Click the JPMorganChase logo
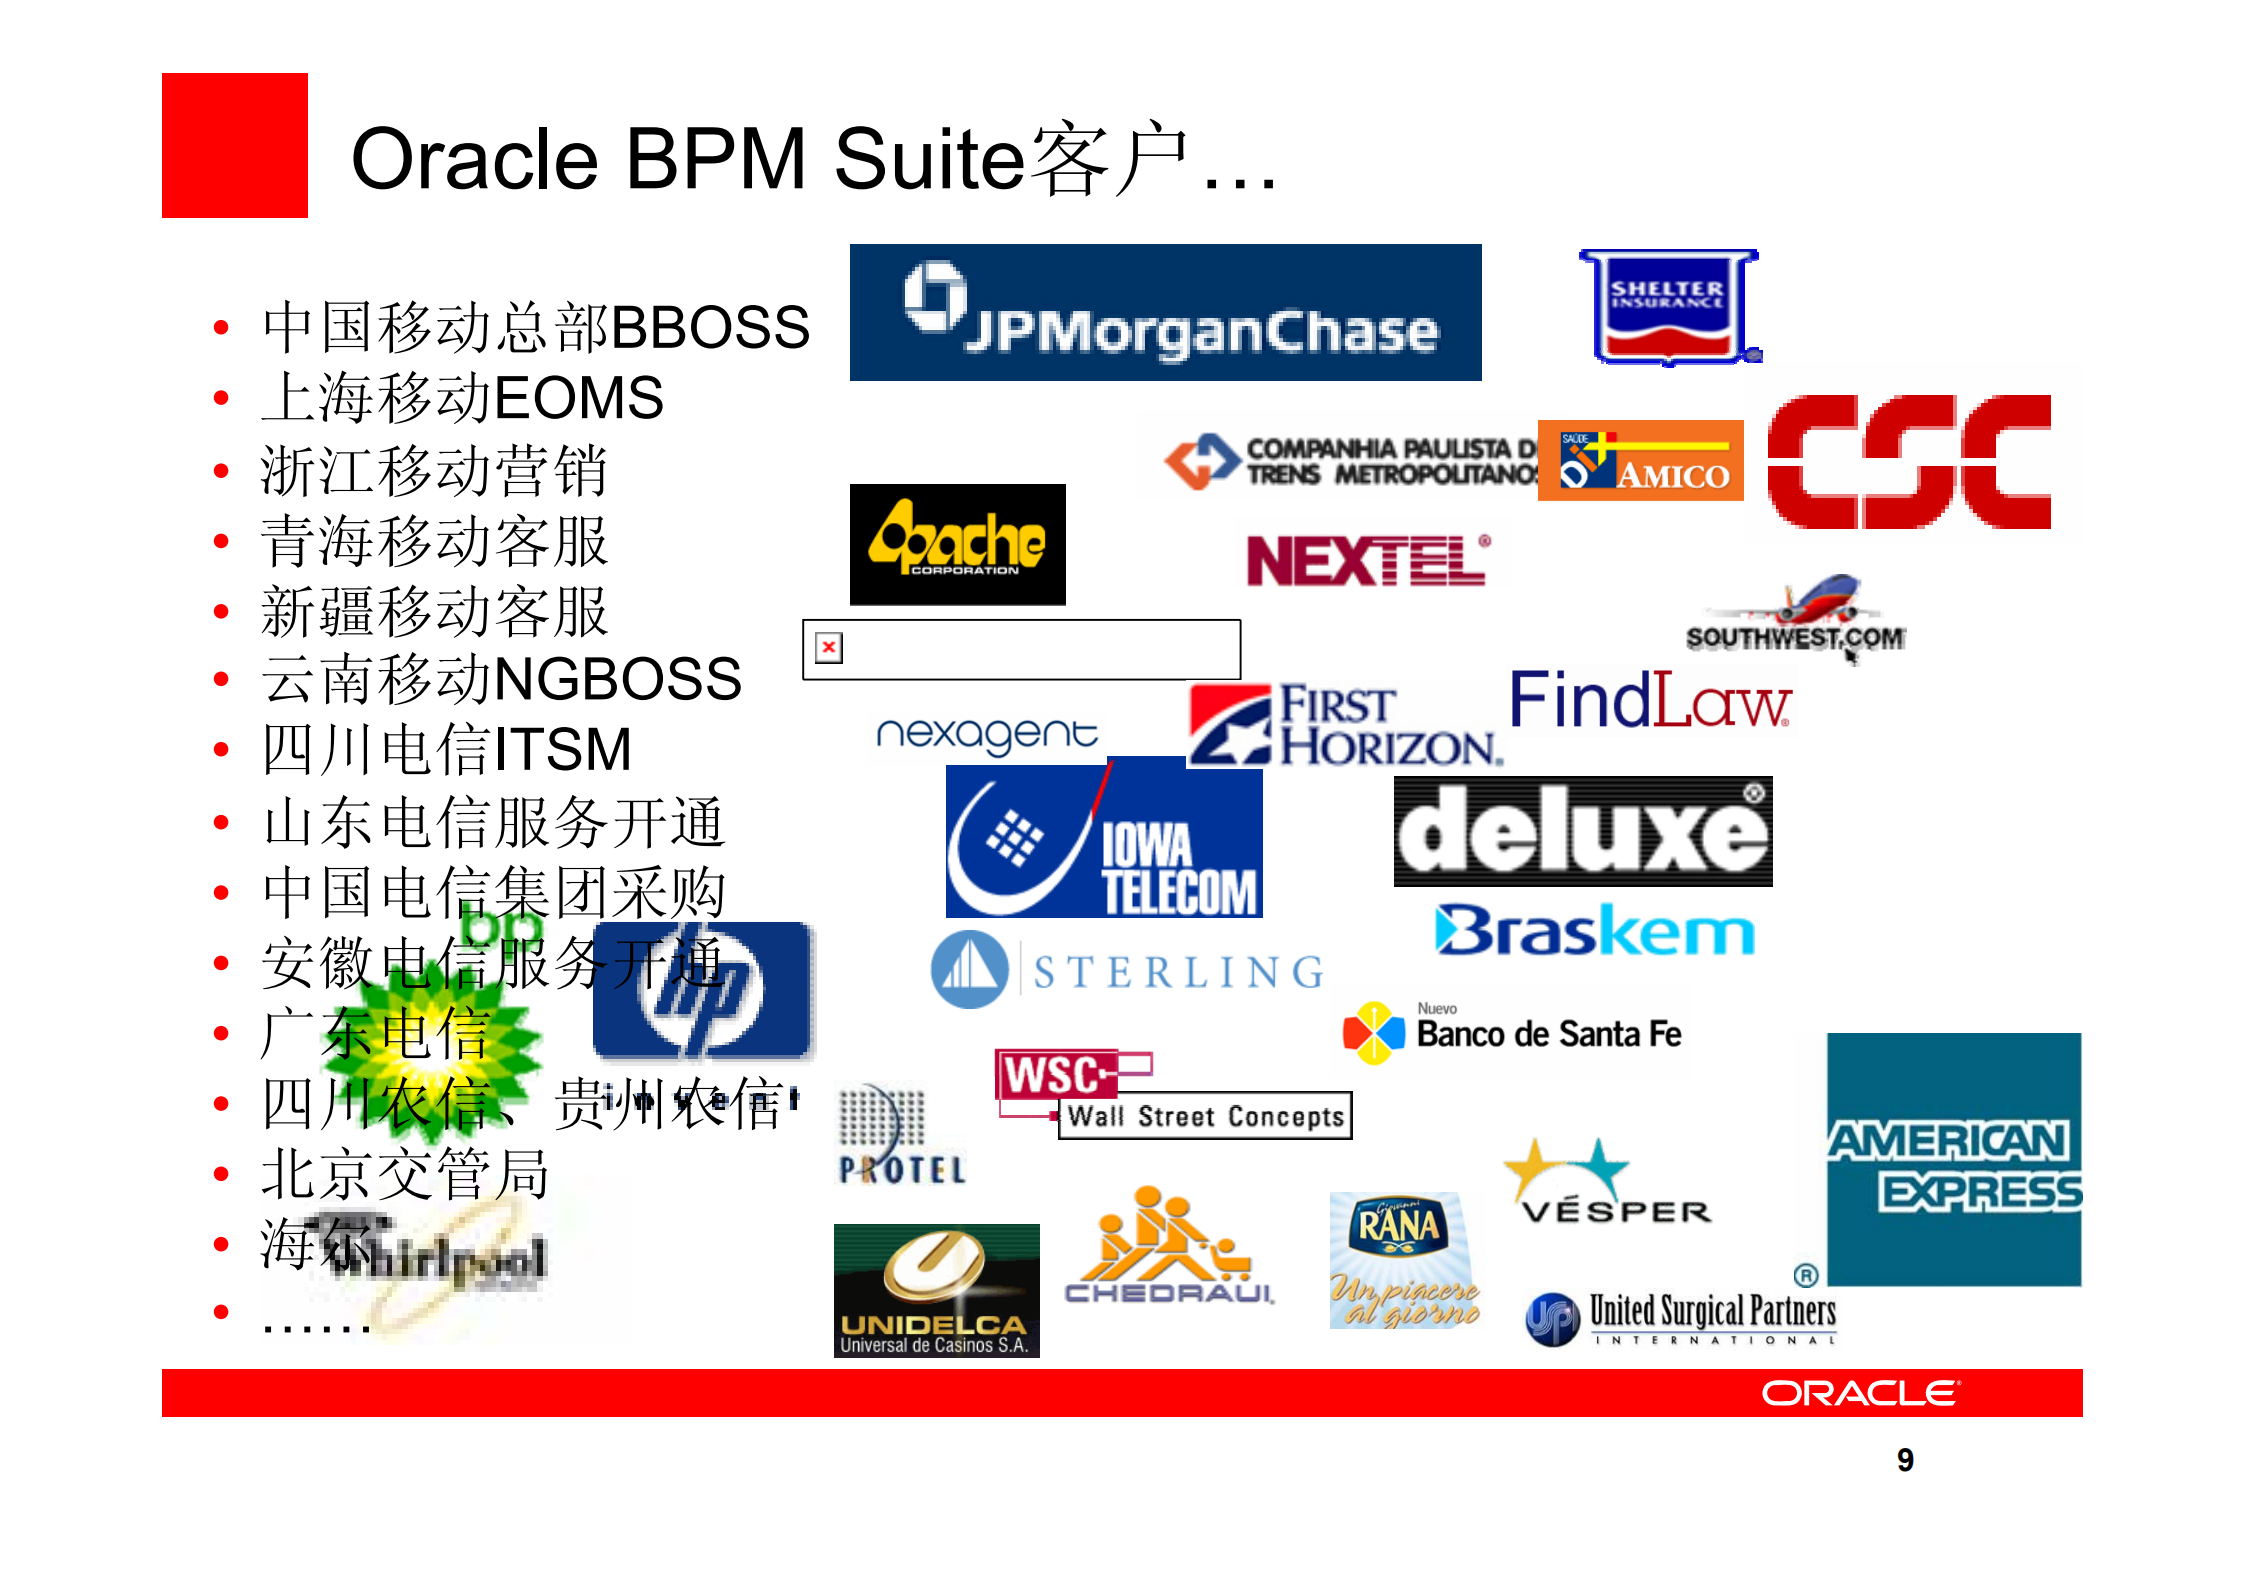1165,312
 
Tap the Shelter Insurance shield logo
1668,307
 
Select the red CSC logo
1909,461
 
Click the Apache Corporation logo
957,544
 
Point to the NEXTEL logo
1367,560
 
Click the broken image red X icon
829,647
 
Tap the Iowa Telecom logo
1104,841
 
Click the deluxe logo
1582,831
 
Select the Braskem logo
1594,931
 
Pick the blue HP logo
702,990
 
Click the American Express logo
1953,1159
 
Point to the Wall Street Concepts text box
1205,1116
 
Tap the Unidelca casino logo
936,1290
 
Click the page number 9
1905,1460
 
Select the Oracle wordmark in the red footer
1860,1393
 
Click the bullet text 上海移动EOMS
462,398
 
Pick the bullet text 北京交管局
405,1174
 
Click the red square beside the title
235,145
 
